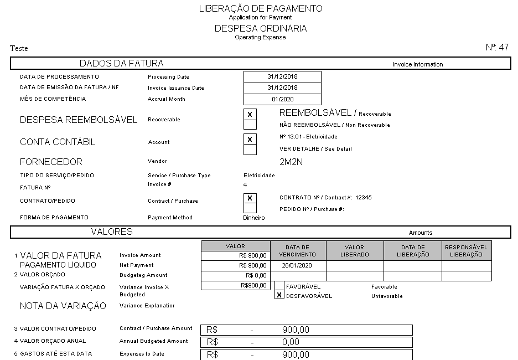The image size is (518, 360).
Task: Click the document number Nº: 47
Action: click(x=497, y=47)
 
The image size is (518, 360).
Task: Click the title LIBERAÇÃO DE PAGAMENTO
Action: click(x=260, y=8)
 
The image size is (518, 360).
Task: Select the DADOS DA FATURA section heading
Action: click(x=121, y=63)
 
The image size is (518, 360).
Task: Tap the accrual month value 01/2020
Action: click(x=282, y=99)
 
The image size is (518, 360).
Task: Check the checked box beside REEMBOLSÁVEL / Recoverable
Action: click(x=250, y=115)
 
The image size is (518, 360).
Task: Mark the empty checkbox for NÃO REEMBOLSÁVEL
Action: click(x=250, y=125)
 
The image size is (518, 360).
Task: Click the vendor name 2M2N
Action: click(x=291, y=162)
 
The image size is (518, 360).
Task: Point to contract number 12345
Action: click(x=363, y=197)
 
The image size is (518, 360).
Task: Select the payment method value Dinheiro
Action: click(x=254, y=218)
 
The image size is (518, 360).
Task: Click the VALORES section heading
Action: click(x=111, y=232)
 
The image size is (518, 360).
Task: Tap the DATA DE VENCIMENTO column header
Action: click(x=298, y=251)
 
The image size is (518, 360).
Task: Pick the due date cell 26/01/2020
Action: click(x=298, y=265)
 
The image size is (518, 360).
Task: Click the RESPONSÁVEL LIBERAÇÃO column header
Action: click(x=466, y=251)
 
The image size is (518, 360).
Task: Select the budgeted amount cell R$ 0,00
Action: click(x=235, y=275)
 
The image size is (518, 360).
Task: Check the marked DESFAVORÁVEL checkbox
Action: click(x=279, y=295)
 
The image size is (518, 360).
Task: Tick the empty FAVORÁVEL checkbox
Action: click(x=279, y=286)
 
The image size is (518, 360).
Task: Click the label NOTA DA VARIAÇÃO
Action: click(x=63, y=306)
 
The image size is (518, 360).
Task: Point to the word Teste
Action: click(x=19, y=49)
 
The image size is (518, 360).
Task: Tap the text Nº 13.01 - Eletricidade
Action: click(x=308, y=136)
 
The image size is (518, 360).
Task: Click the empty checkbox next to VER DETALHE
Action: click(x=250, y=150)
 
